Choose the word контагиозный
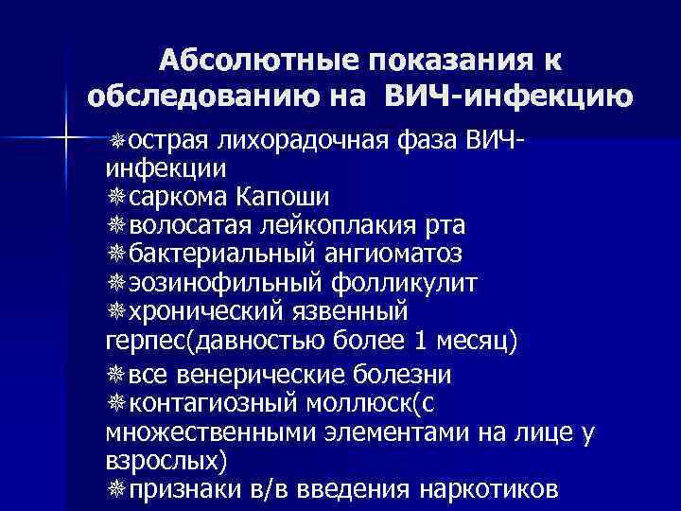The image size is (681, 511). pos(212,403)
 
